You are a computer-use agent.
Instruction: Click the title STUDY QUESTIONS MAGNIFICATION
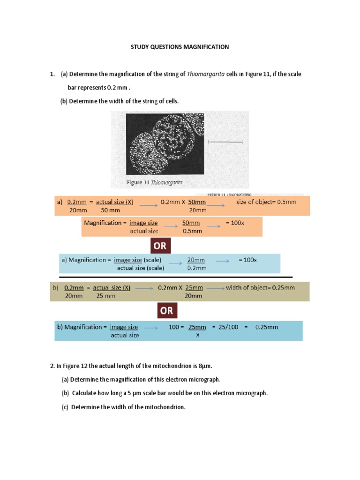pos(180,47)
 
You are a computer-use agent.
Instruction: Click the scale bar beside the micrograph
pos(225,141)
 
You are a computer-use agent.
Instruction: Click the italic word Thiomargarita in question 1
pos(206,74)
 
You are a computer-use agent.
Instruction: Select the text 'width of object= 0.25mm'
pos(260,288)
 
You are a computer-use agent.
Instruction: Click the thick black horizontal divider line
pos(173,277)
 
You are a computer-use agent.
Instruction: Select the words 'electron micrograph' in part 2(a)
pos(194,379)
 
